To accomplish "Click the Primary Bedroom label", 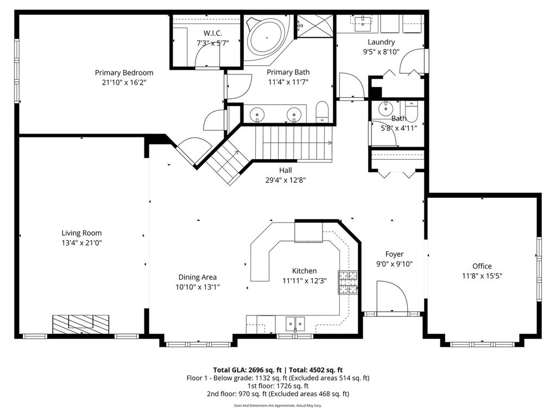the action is coord(124,73).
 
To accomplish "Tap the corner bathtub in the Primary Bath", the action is coord(267,39).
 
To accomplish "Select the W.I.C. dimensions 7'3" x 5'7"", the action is coord(213,43).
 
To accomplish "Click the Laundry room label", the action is coord(381,42).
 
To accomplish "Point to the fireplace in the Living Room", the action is coord(81,324).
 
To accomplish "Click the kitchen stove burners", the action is coord(348,282).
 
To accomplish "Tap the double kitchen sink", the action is coord(295,324).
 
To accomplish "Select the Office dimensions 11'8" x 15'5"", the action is coord(482,276).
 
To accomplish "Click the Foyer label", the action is coord(394,254).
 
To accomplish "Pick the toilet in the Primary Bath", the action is coord(323,112).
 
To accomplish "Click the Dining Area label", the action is coord(198,277).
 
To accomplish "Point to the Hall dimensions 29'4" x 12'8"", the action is coord(286,180).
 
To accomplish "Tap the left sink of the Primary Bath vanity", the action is coord(257,115).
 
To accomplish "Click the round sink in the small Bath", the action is coord(384,109).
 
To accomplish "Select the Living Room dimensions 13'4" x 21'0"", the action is coord(81,243).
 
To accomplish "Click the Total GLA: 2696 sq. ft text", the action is coord(247,370).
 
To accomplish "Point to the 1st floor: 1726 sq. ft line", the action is coord(277,386).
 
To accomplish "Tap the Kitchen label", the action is coord(304,271).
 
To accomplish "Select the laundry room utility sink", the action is coord(363,23).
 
